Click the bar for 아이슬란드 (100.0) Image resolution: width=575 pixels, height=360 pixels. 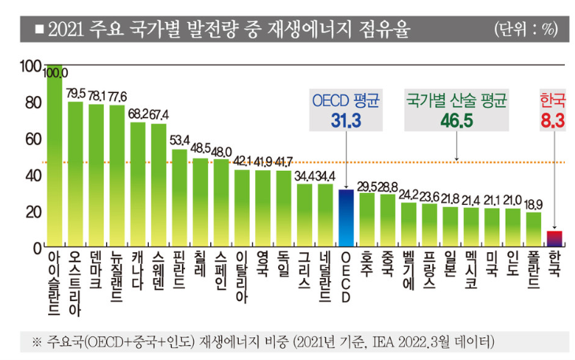pyautogui.click(x=54, y=158)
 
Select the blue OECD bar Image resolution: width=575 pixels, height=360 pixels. pyautogui.click(x=345, y=218)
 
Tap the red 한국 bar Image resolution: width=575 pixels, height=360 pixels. pyautogui.click(x=555, y=239)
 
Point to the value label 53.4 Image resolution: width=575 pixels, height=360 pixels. pyautogui.click(x=180, y=140)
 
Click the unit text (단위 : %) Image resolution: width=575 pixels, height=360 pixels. pyautogui.click(x=525, y=30)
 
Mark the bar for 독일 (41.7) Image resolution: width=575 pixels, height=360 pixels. pyautogui.click(x=283, y=209)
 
